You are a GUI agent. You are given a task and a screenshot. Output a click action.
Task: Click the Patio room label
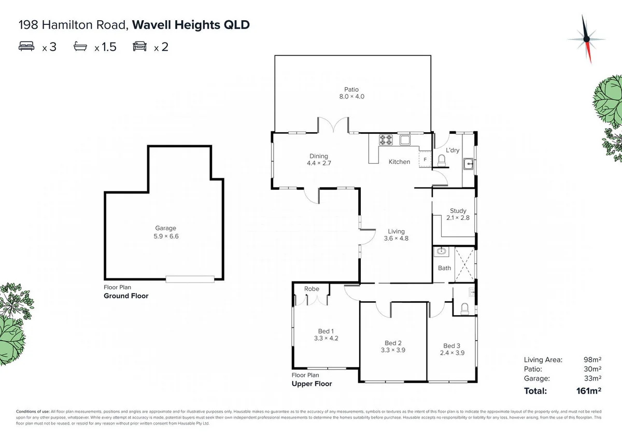coord(351,89)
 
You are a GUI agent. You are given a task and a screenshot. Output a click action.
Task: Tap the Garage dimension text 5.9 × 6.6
coord(165,236)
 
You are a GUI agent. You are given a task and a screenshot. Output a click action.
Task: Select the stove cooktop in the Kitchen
coord(387,139)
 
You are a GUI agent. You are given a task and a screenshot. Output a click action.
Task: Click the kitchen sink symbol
coord(405,139)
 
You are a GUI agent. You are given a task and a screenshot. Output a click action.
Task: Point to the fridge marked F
coord(425,159)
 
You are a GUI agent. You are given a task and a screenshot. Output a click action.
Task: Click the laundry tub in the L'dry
coord(469,164)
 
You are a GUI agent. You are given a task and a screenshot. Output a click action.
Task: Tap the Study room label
coord(458,211)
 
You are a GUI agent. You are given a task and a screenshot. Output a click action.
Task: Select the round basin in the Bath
coord(442,252)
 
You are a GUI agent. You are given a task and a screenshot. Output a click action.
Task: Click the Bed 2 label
coord(393,343)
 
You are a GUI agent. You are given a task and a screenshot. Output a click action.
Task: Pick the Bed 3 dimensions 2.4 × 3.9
coord(451,354)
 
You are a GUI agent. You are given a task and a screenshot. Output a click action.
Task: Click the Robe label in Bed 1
coord(312,289)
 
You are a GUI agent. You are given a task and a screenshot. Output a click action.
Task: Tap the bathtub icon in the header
coord(80,47)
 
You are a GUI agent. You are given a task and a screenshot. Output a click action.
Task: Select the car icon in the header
coord(140,47)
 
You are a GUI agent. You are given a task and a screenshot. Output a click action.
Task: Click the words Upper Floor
coord(312,384)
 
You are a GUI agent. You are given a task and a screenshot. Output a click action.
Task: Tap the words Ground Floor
coord(126,296)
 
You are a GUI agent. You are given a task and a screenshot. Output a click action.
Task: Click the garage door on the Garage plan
coord(190,279)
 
